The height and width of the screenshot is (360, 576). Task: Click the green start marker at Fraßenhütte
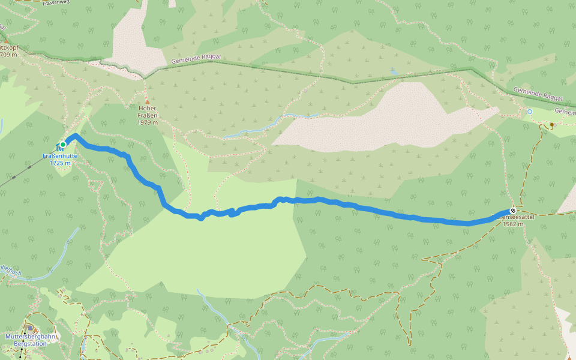[63, 144]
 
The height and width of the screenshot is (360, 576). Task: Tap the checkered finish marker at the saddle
[513, 211]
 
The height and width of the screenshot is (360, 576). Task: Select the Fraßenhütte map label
[60, 156]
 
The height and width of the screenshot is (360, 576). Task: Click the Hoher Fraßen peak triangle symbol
[147, 102]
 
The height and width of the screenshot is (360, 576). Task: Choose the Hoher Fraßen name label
[147, 112]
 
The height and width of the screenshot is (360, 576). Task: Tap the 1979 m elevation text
[147, 122]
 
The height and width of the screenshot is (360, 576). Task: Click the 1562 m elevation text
[513, 224]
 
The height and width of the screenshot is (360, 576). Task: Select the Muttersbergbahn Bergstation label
[30, 340]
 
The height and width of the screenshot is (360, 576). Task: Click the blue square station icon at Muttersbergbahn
[30, 328]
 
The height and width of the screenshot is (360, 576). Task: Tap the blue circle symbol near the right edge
[530, 112]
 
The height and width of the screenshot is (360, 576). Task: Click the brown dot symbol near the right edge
[552, 125]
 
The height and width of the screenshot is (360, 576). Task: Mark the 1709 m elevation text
[8, 55]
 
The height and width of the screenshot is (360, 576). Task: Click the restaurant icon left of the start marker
[58, 146]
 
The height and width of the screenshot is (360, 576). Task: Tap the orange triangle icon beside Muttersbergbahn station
[25, 329]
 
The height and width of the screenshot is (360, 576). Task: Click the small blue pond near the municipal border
[393, 72]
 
